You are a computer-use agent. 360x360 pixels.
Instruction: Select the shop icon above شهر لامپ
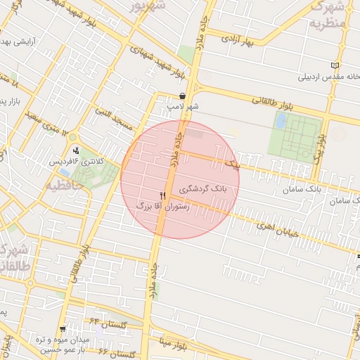[x=183, y=96]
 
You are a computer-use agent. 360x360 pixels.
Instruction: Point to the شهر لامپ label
[x=182, y=106]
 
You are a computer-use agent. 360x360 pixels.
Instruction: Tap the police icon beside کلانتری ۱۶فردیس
[x=76, y=150]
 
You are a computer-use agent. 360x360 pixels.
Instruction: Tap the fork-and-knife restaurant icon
[x=163, y=195]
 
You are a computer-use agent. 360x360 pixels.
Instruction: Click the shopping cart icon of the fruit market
[x=63, y=328]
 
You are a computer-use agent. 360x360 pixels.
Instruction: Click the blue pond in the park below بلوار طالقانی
[x=281, y=120]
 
